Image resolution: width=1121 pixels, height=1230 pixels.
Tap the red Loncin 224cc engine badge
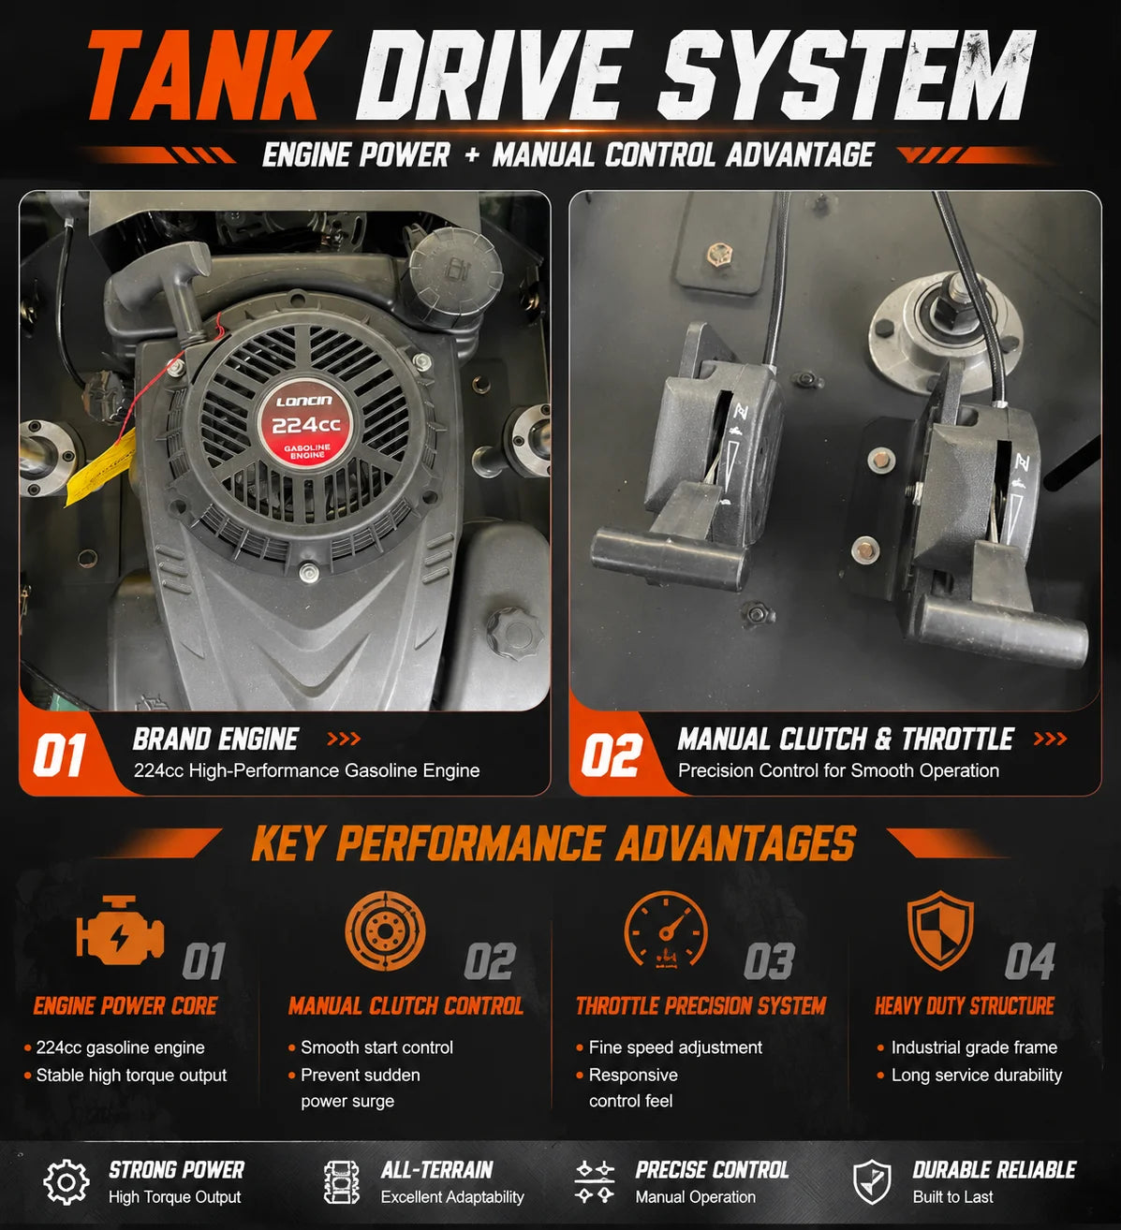coord(305,426)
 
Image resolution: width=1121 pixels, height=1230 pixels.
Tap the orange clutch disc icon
coord(385,930)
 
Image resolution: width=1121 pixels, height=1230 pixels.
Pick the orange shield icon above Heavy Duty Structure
coord(940,930)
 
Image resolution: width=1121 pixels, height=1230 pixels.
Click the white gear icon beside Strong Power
coord(66,1181)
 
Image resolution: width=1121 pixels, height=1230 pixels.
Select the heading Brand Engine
coord(215,739)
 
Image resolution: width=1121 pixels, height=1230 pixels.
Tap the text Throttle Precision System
coord(701,1005)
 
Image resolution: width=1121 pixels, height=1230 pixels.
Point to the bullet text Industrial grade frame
coord(974,1047)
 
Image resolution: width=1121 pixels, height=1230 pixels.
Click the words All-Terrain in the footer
coord(436,1170)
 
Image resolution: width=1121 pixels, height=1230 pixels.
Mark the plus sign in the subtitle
coord(472,155)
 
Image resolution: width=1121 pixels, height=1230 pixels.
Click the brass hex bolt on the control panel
coord(718,254)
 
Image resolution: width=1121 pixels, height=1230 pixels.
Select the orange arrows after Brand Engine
coord(344,739)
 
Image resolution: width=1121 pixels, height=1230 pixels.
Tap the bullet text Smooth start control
coord(376,1047)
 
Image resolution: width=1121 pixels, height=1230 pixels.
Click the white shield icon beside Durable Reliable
coord(872,1181)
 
